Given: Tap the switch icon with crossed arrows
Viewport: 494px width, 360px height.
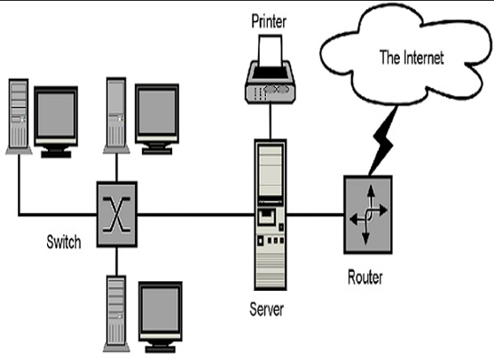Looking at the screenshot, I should tap(117, 212).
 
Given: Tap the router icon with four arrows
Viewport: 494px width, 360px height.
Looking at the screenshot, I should tap(365, 213).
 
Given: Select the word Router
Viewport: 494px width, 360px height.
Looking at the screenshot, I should tap(365, 277).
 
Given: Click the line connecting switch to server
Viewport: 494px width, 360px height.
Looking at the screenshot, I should tap(195, 213).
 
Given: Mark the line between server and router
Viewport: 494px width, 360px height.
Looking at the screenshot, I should tap(314, 213).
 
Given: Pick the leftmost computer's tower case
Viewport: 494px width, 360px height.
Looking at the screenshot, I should tap(19, 115).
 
